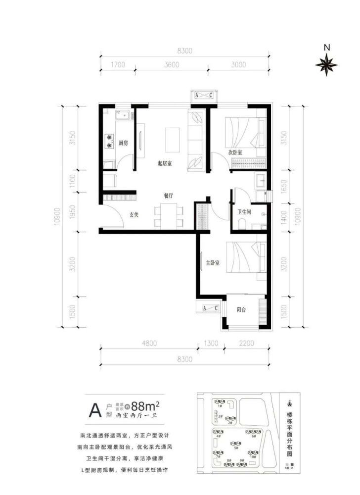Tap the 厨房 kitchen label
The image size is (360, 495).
[123, 143]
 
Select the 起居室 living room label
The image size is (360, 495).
[165, 163]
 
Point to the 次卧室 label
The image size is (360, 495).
[235, 153]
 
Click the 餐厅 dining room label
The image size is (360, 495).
[169, 196]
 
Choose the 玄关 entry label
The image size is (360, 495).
[134, 215]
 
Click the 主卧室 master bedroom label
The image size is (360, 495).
[213, 263]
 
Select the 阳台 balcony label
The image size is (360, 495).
[242, 310]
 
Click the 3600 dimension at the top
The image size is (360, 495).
[185, 64]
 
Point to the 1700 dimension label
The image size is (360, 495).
[118, 64]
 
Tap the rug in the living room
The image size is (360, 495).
[173, 140]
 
